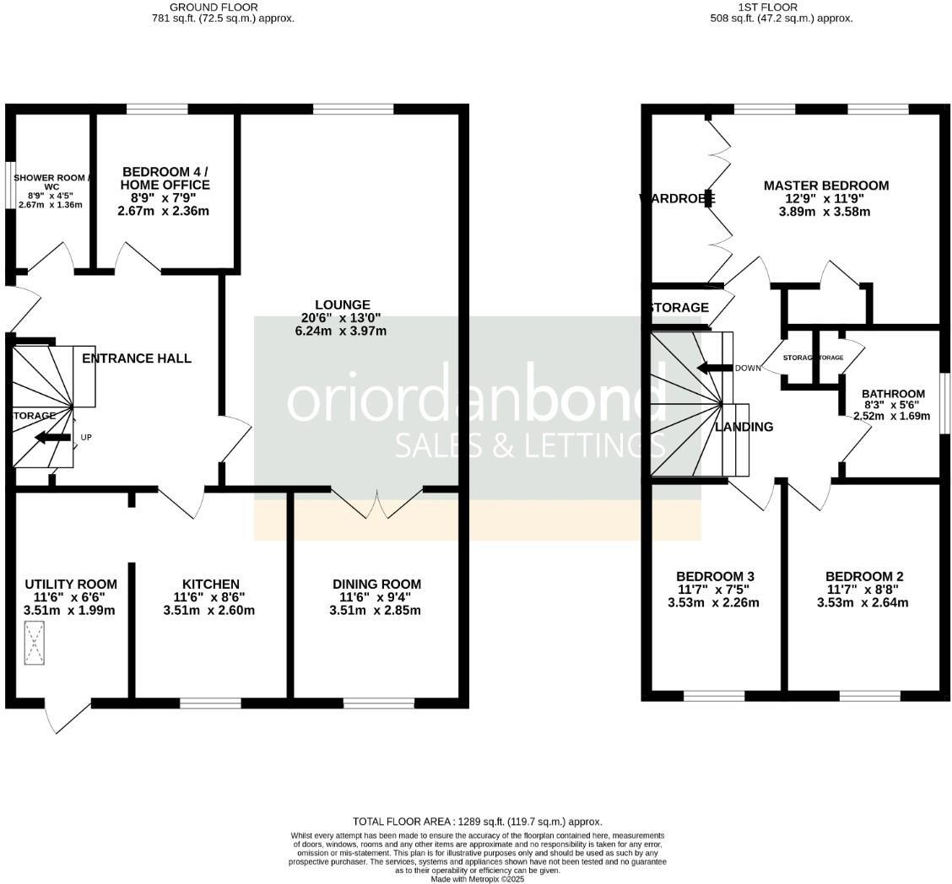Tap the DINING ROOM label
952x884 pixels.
tap(376, 584)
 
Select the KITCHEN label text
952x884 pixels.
tap(211, 584)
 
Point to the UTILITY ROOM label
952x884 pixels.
tap(71, 584)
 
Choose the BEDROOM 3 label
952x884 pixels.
tap(713, 577)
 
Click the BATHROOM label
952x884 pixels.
tap(893, 394)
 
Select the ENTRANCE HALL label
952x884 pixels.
tap(137, 358)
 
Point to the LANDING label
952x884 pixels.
tap(744, 427)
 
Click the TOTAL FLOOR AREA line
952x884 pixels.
tap(477, 821)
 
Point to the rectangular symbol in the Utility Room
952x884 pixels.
tap(35, 643)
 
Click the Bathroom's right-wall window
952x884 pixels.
tap(944, 405)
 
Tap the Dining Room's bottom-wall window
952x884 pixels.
tap(378, 702)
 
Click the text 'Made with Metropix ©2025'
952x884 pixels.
tap(478, 879)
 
